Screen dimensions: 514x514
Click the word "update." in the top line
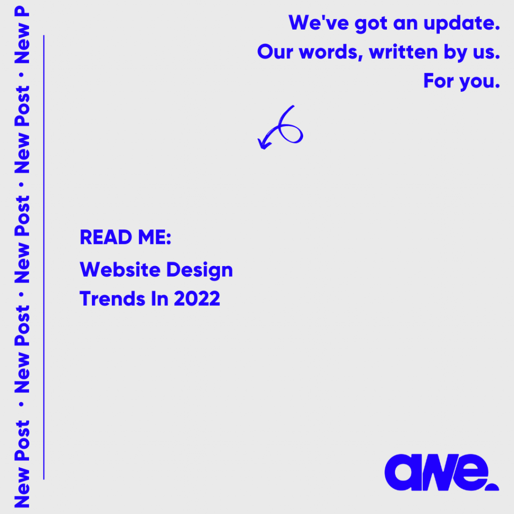pos(462,24)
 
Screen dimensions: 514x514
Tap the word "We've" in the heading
pos(318,23)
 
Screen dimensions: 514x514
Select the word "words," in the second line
pos(331,52)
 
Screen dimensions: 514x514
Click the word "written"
pos(403,52)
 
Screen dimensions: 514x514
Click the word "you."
pos(480,82)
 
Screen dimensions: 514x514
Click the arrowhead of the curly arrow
pos(264,144)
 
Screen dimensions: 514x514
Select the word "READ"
pos(106,237)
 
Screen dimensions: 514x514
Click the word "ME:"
pos(155,237)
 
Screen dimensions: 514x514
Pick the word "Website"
pos(120,270)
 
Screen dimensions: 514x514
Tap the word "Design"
pos(200,271)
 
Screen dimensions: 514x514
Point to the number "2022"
pos(197,299)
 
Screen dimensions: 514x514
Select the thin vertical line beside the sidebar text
pos(44,258)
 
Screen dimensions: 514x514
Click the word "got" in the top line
pos(371,24)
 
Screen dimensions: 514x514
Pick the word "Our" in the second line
pos(275,52)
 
